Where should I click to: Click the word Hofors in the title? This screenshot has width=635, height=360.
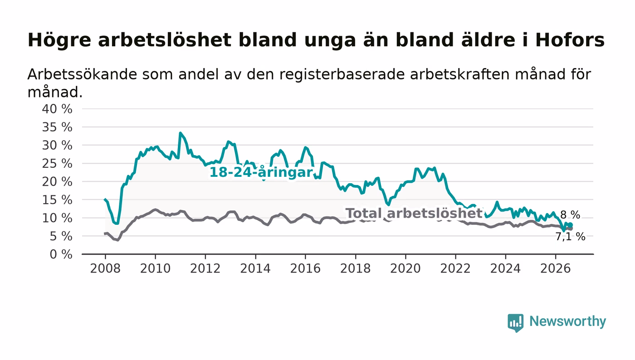[570, 40]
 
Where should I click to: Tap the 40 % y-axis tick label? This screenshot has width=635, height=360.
[57, 109]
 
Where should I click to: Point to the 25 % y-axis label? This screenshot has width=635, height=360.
[57, 164]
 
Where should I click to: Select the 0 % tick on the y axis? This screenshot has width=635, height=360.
[61, 254]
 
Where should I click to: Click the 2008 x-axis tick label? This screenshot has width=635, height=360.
[105, 268]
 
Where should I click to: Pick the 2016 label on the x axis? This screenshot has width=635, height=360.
[305, 268]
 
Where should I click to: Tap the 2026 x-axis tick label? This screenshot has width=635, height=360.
[555, 268]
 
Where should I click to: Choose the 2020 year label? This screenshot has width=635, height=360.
[405, 268]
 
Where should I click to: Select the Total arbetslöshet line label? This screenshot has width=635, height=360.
[414, 213]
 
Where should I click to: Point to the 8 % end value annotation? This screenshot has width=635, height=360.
[570, 215]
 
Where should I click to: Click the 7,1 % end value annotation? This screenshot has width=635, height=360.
[570, 237]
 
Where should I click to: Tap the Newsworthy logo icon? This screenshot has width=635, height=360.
[515, 322]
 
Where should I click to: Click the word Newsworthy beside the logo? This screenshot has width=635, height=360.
[567, 321]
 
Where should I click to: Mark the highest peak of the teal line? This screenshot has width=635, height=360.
[180, 133]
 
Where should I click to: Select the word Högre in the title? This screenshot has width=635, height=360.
[59, 40]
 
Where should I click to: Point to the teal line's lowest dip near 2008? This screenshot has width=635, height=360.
[117, 224]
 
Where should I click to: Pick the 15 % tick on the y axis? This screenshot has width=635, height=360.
[57, 200]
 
